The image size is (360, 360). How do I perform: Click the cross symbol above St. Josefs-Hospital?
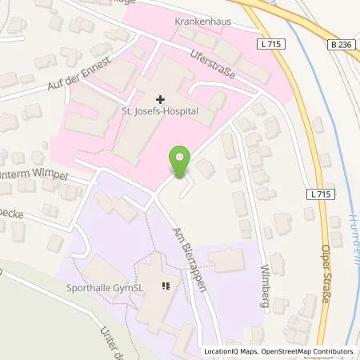161,100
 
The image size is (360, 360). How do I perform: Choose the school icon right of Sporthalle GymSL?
166,286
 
